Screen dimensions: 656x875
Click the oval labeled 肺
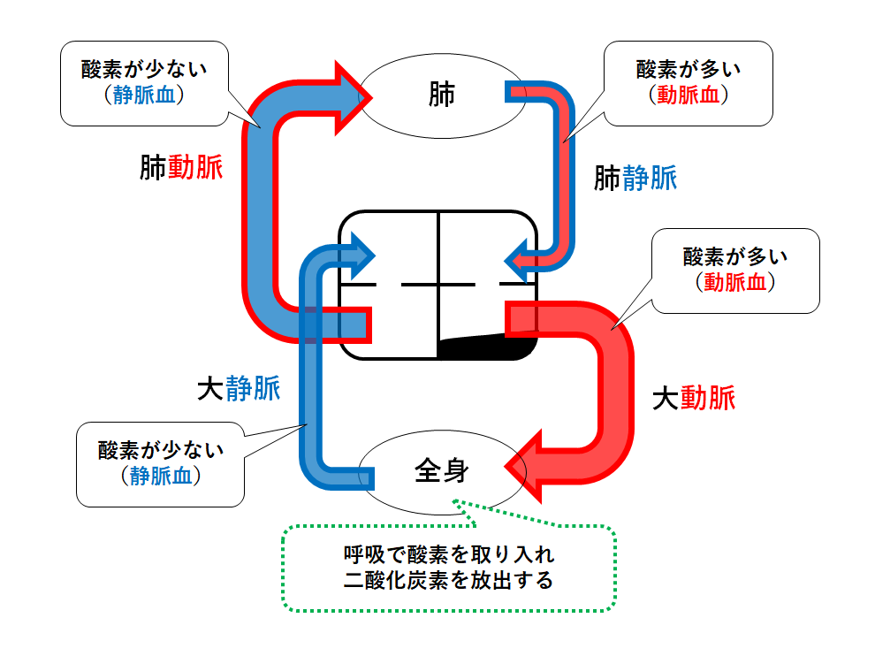[x=441, y=95]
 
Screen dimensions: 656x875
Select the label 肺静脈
[x=635, y=179]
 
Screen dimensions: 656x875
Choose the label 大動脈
[x=693, y=399]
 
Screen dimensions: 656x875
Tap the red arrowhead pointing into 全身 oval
[x=530, y=466]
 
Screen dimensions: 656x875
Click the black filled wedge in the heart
[x=495, y=347]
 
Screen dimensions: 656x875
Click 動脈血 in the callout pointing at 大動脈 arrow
[x=734, y=282]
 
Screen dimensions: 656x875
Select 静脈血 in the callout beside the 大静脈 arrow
[x=160, y=475]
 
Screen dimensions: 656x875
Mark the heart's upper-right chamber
[x=487, y=248]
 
